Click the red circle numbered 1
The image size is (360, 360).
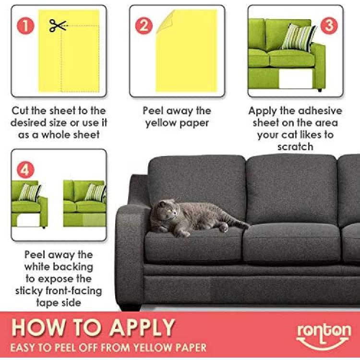25,25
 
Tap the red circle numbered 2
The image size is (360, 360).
144,25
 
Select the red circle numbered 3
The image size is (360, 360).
329,25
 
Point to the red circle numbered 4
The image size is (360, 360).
25,170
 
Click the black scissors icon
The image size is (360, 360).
58,25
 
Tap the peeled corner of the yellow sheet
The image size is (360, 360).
166,21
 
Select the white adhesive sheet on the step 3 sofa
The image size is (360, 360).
296,78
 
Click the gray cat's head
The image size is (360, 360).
167,210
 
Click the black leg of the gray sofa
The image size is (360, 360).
130,307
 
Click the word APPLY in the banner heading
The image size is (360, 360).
142,327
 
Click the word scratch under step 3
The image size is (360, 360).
295,147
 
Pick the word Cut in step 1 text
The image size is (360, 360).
20,111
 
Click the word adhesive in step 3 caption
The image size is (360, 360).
319,111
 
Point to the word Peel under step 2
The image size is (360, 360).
153,111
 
